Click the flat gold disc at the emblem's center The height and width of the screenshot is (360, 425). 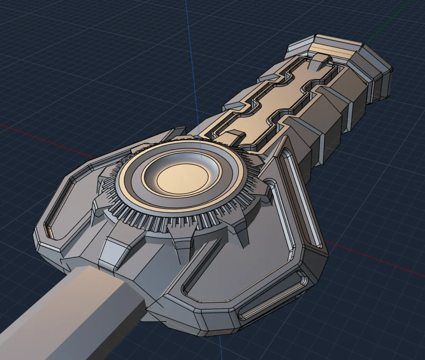(x=183, y=178)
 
